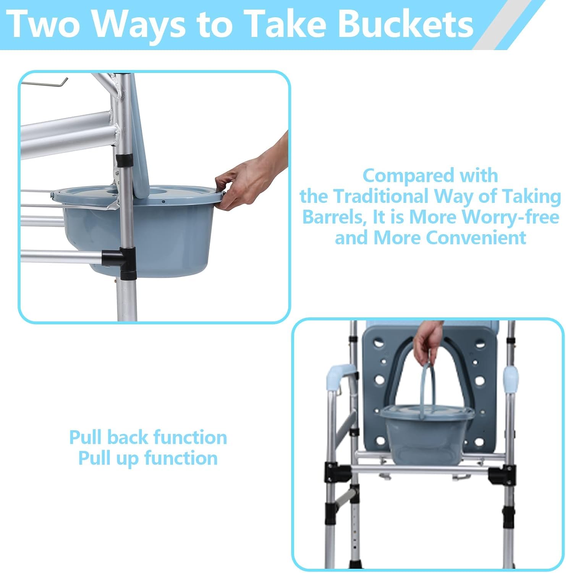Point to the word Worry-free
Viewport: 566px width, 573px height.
point(510,217)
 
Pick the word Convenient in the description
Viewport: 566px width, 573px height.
point(476,238)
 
